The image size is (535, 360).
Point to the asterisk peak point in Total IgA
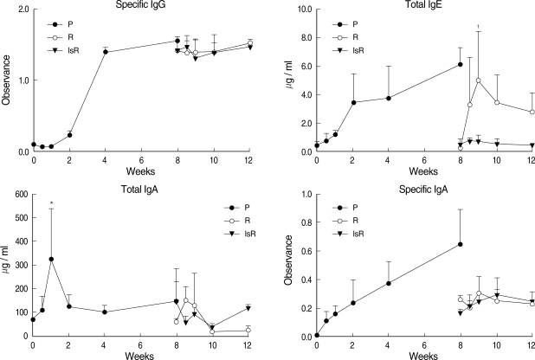51,259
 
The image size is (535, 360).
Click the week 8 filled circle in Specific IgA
460,244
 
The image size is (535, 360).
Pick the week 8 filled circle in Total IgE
460,64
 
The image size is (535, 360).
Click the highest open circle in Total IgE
478,80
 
